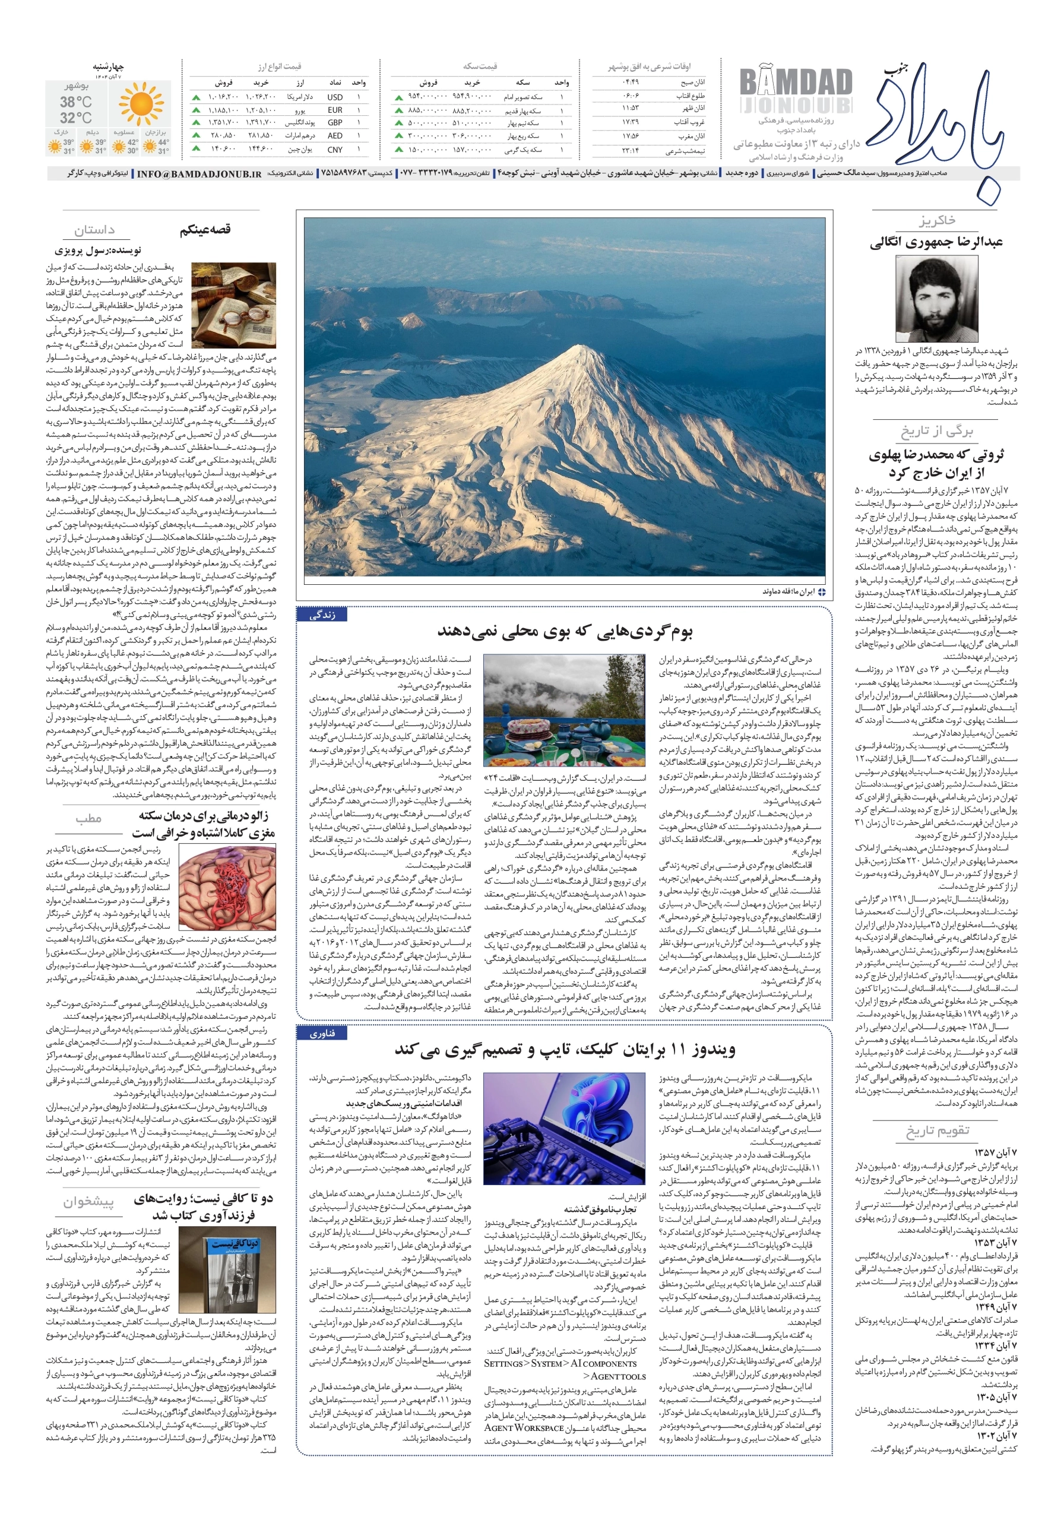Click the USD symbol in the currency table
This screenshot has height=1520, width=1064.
point(334,97)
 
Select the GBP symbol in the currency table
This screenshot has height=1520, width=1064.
point(334,122)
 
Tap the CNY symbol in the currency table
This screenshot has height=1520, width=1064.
point(335,149)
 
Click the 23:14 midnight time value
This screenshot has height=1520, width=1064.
point(629,150)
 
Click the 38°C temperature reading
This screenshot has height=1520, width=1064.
point(76,102)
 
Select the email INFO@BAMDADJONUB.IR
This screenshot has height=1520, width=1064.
point(199,173)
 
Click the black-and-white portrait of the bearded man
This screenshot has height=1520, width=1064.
point(936,299)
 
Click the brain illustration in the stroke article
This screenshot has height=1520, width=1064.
point(227,886)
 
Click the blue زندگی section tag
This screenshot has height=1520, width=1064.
point(322,615)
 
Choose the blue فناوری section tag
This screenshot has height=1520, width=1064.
point(322,1033)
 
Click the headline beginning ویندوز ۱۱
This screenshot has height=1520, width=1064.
point(564,1050)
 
